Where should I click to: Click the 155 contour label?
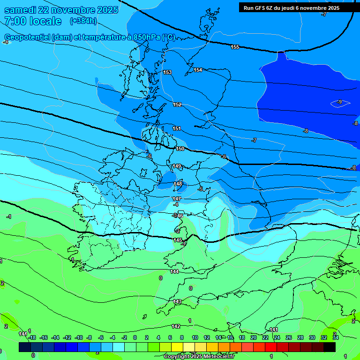click(235, 47)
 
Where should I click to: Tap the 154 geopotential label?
click(198, 70)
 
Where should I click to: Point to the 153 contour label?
click(167, 72)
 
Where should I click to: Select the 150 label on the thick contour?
click(180, 149)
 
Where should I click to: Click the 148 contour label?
click(178, 184)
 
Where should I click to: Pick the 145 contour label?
click(178, 240)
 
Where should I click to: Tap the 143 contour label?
click(177, 301)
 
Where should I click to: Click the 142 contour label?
click(176, 326)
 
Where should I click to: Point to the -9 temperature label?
click(339, 102)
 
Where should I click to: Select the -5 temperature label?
click(201, 189)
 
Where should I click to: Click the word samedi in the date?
click(22, 10)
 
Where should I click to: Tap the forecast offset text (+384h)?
click(83, 21)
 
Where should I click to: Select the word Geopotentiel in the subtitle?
click(27, 37)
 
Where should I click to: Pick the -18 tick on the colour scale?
click(32, 337)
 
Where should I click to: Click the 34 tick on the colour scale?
click(336, 337)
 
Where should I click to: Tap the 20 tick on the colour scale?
click(254, 337)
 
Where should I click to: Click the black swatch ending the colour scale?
click(330, 347)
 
